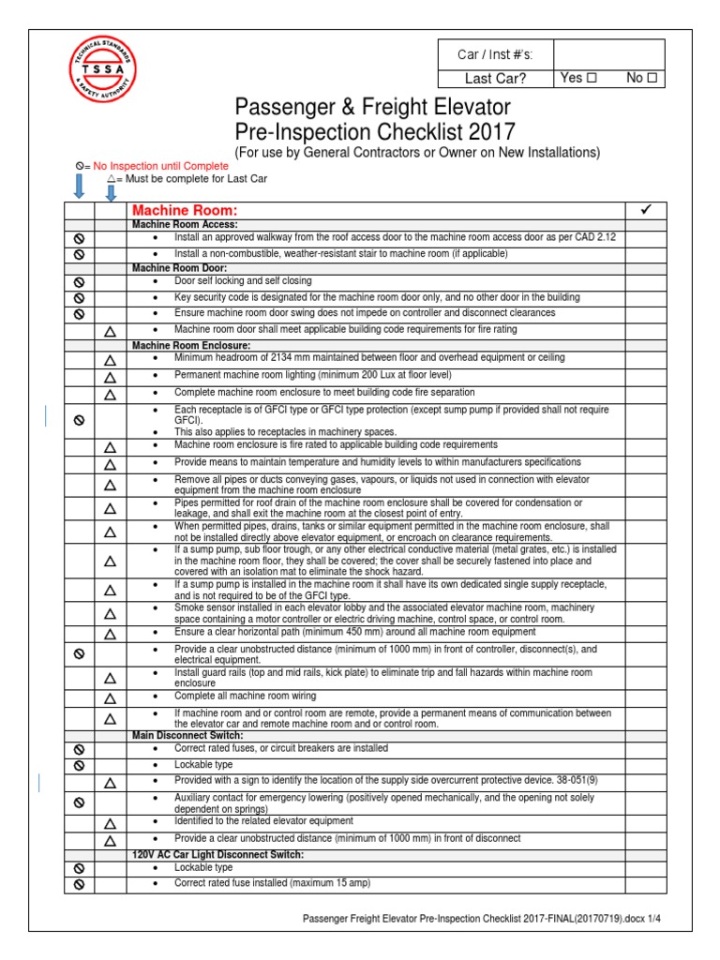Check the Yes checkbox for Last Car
tap(592, 79)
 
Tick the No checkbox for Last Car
tap(652, 79)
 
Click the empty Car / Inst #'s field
tap(608, 54)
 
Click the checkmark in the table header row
tap(645, 210)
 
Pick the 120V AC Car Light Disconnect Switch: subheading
tap(217, 855)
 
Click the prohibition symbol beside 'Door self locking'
tap(80, 281)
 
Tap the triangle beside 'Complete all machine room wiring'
tap(111, 699)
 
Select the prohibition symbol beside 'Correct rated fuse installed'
tap(80, 884)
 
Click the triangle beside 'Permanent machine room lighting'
tap(111, 377)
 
